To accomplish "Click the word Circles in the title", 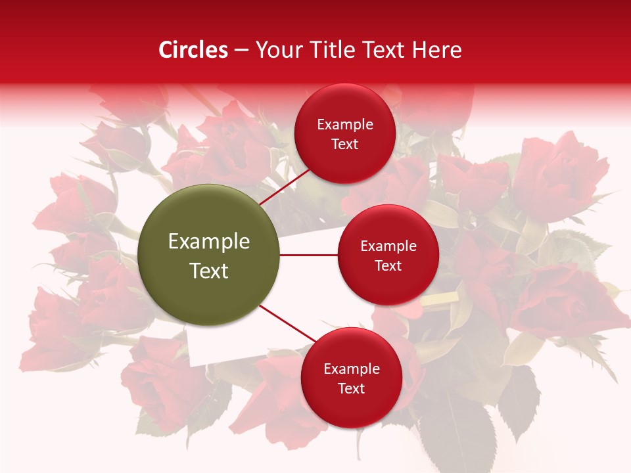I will click(x=193, y=50).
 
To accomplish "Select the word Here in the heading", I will click(x=436, y=50).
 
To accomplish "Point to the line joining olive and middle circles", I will click(x=309, y=255).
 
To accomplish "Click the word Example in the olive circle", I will click(x=209, y=242).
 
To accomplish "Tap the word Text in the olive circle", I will click(x=209, y=271).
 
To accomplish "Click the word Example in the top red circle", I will click(x=345, y=125).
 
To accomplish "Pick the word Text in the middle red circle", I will click(x=388, y=266).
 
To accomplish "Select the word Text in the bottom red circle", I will click(x=351, y=389).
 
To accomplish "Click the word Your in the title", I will click(x=275, y=50).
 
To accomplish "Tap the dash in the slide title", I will click(x=241, y=51).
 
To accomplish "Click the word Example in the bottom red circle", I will click(x=351, y=369).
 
